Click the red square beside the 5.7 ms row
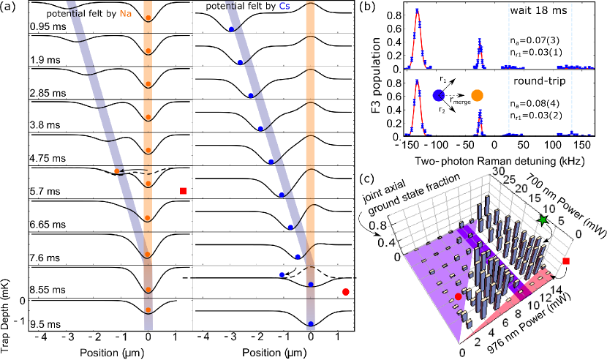click(x=182, y=191)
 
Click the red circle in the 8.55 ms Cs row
click(x=344, y=293)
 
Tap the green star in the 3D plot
click(x=542, y=220)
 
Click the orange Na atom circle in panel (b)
click(x=478, y=95)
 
